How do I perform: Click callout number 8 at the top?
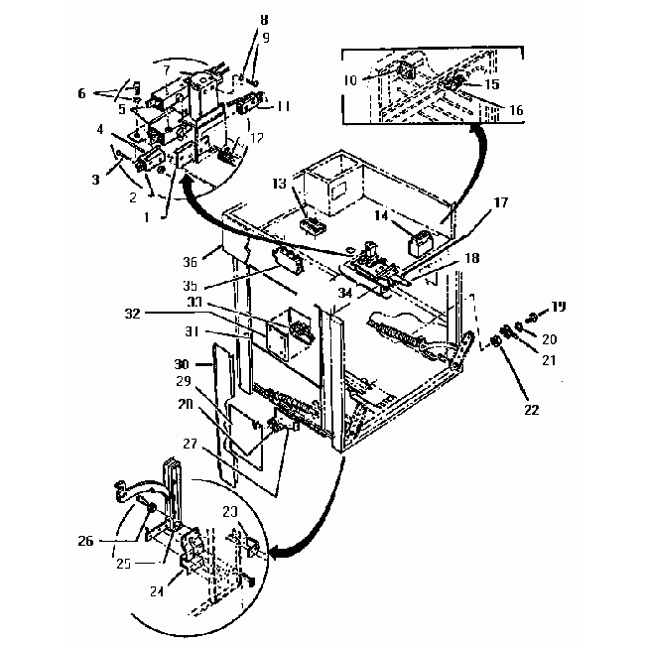(x=263, y=19)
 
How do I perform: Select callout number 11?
(x=284, y=105)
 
